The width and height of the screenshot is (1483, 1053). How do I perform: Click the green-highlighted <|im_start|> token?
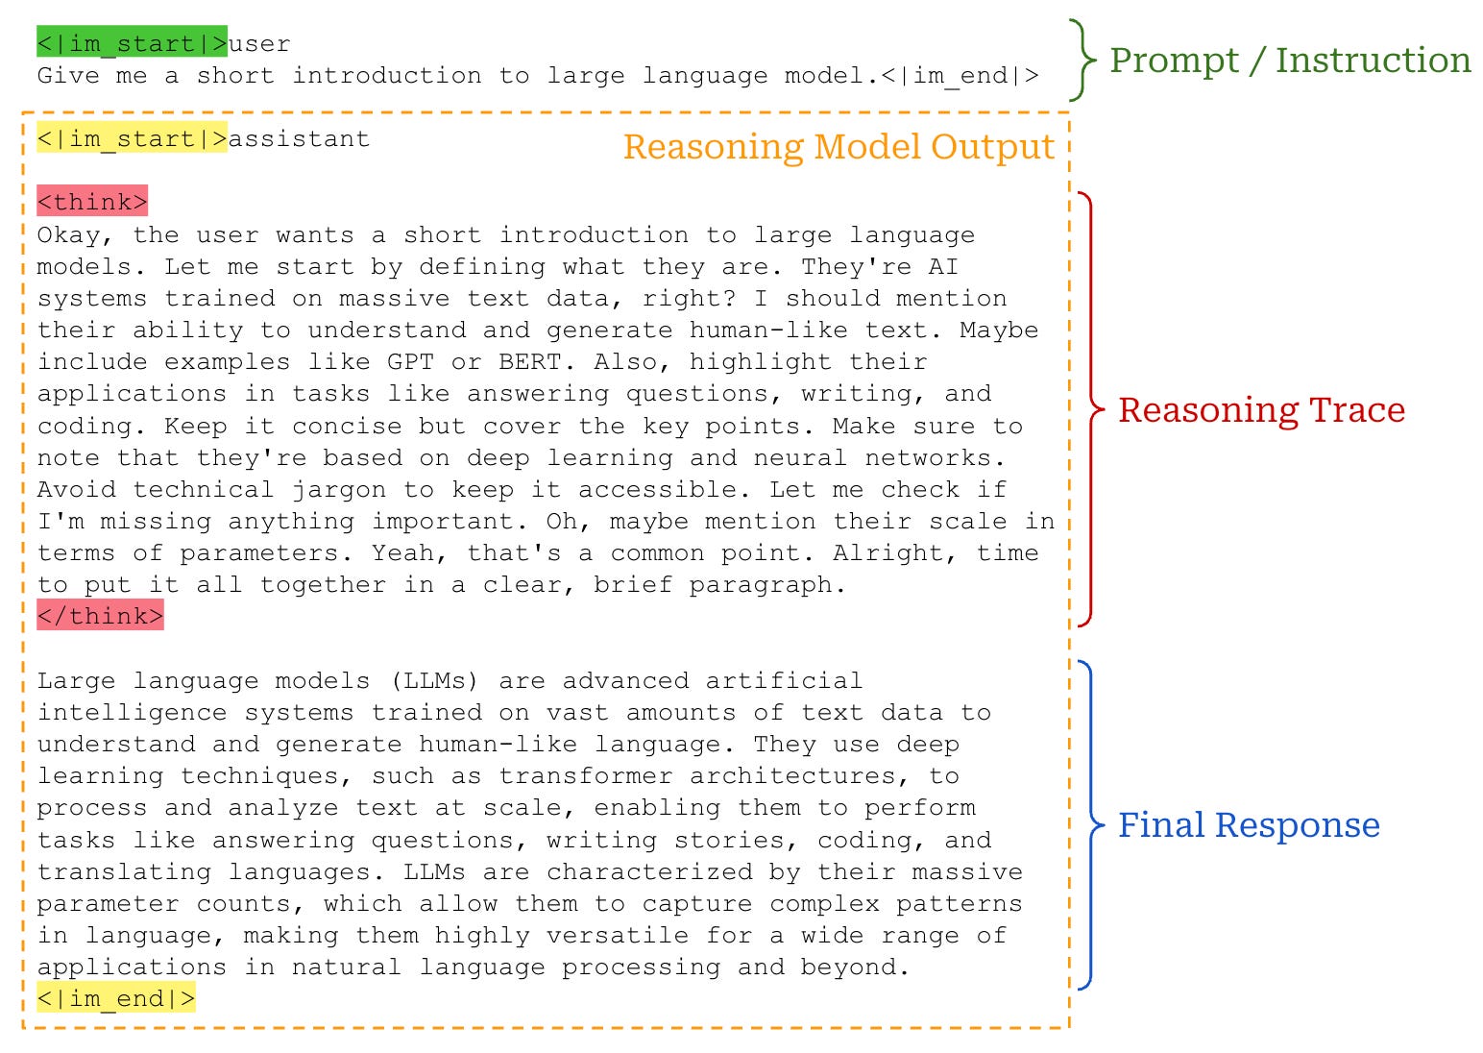[132, 43]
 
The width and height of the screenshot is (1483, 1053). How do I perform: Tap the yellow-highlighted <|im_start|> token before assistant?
[132, 138]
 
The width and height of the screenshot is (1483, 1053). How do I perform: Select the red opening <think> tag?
[92, 202]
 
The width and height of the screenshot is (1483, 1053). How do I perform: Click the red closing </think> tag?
[100, 615]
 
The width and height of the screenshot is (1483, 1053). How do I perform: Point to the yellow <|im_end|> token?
[115, 998]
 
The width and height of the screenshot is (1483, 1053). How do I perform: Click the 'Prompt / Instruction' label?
[1289, 61]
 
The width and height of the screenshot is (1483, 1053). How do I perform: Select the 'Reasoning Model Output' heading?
[839, 147]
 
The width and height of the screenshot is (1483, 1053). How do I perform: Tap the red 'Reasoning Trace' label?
[1260, 410]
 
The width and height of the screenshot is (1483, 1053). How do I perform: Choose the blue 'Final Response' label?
[1248, 825]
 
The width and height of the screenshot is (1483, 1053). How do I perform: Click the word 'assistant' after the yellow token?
[299, 138]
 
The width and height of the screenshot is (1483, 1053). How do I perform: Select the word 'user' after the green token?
[259, 43]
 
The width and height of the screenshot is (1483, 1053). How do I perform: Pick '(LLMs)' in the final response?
[434, 680]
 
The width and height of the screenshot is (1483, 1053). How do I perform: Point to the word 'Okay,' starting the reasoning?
[76, 234]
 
